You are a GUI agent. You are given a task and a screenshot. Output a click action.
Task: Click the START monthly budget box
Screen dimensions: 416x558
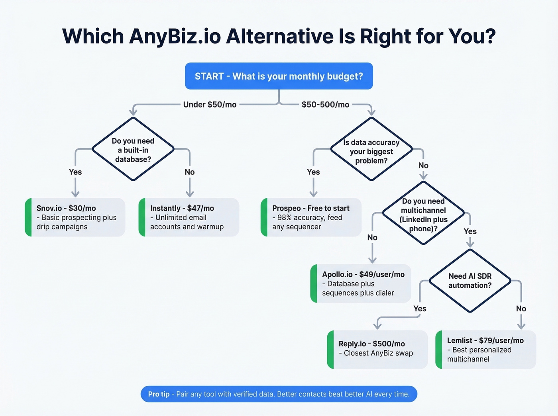[x=279, y=76]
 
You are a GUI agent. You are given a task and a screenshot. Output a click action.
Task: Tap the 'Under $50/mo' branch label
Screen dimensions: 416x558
[x=210, y=105]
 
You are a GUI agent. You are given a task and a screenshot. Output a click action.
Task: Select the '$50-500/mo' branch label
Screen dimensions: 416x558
[x=325, y=105]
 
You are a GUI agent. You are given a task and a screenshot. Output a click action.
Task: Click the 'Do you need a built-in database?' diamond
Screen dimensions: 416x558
[x=133, y=150]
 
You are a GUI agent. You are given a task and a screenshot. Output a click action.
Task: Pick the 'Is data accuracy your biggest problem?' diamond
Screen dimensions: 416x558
[x=371, y=151]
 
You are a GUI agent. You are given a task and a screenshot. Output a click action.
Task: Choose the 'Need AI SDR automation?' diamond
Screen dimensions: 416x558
[x=470, y=281]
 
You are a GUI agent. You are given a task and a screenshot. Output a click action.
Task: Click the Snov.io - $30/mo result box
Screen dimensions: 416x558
[x=76, y=217]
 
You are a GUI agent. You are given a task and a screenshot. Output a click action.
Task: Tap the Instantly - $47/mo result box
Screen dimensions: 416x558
[x=189, y=217]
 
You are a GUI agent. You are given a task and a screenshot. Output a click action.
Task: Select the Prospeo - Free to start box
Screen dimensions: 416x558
[x=311, y=217]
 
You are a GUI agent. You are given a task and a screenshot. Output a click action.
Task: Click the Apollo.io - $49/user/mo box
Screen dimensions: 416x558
[x=361, y=283]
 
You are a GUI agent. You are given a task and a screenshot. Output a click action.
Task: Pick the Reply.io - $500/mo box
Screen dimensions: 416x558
[x=377, y=349]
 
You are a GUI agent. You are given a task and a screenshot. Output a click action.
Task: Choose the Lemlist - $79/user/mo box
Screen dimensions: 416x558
[x=486, y=350]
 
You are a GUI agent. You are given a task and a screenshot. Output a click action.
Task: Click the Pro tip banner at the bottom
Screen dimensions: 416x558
[x=279, y=394]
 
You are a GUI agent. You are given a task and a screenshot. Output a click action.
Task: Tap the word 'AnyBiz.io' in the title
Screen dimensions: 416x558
[x=175, y=37]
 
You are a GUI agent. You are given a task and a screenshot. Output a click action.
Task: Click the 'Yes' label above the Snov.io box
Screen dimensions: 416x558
[x=75, y=172]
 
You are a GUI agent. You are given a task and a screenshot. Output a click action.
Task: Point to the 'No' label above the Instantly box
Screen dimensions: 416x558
[x=190, y=172]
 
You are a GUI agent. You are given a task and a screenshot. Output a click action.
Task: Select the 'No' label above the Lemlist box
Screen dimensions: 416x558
[x=521, y=309]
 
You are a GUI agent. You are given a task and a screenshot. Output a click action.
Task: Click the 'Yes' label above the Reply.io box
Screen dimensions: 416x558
[x=420, y=309]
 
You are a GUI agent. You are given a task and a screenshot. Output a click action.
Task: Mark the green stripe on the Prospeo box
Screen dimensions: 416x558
[x=264, y=217]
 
